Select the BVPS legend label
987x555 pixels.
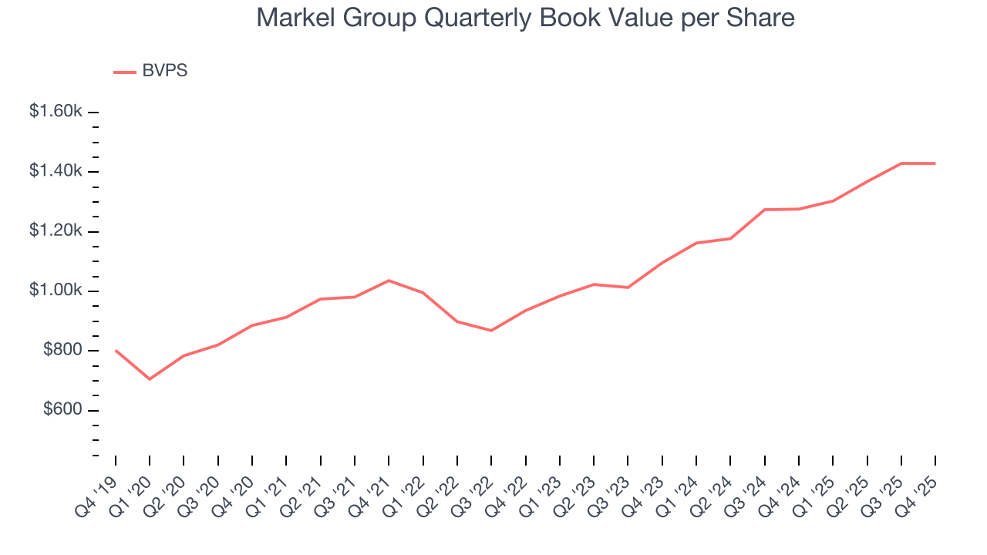coord(164,71)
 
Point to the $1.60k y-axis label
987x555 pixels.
coord(56,112)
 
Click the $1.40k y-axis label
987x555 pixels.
coord(56,171)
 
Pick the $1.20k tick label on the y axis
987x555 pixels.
coord(56,231)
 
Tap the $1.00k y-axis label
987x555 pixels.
coord(56,291)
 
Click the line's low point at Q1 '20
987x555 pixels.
coord(150,379)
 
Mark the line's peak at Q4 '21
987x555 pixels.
coord(389,281)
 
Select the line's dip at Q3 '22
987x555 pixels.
coord(491,331)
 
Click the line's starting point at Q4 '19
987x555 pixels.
coord(116,351)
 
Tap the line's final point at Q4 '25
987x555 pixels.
coord(935,163)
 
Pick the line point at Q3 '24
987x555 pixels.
coord(764,210)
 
